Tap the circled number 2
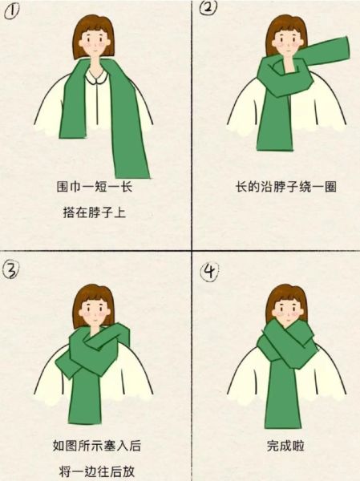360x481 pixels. [x=207, y=10]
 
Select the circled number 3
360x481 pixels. [x=10, y=269]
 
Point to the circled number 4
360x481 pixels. [x=207, y=273]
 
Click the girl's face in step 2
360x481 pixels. [x=284, y=42]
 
